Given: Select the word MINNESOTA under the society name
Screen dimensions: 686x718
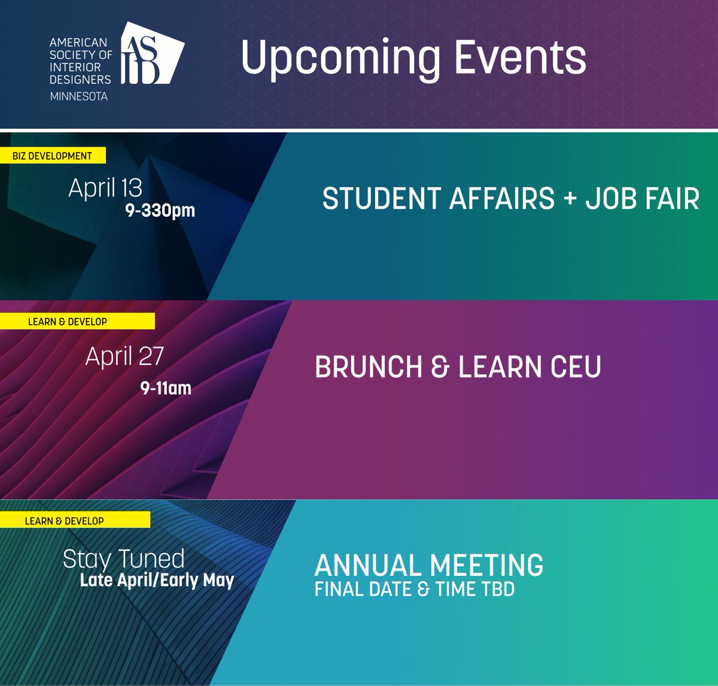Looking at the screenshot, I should click(78, 96).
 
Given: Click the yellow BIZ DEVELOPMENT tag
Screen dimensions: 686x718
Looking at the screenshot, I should click(52, 156).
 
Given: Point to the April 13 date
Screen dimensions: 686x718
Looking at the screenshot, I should click(105, 188).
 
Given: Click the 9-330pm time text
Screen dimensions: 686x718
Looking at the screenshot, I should click(160, 211).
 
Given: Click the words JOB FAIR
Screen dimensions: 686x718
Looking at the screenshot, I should click(642, 199).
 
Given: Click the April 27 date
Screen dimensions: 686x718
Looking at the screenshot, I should click(124, 356).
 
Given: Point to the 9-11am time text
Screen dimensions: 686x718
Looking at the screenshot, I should click(166, 388).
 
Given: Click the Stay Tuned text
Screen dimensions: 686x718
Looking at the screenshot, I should click(124, 559).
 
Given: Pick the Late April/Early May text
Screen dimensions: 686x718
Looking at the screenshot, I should click(157, 580).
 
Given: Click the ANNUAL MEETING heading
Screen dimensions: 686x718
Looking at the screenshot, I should click(428, 565).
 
